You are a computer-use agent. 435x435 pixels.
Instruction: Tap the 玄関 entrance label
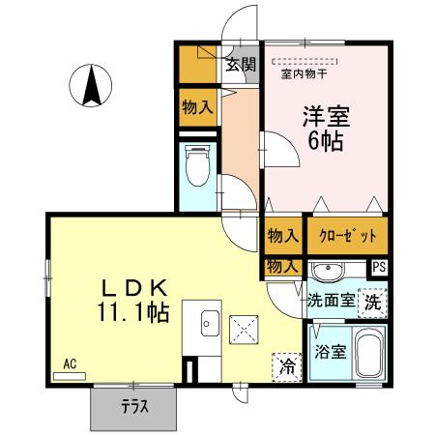pyautogui.click(x=241, y=66)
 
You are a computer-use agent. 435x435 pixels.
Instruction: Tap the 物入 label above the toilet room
pyautogui.click(x=197, y=107)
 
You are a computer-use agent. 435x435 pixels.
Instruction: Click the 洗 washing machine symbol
pyautogui.click(x=372, y=302)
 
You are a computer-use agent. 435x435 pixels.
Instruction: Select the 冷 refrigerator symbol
pyautogui.click(x=286, y=365)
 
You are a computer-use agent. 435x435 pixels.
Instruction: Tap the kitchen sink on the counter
pyautogui.click(x=209, y=324)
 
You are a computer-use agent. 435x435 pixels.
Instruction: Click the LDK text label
pyautogui.click(x=136, y=288)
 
